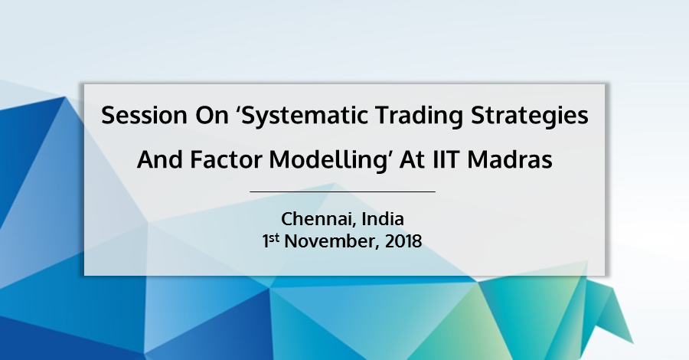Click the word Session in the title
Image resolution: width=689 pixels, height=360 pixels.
point(144,116)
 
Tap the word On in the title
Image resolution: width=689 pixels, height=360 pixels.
point(212,116)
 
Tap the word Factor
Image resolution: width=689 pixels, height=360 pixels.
point(226,159)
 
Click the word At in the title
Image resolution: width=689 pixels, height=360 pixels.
point(412,159)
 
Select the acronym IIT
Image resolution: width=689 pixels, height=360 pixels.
point(446,159)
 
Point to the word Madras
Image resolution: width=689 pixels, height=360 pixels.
point(510,159)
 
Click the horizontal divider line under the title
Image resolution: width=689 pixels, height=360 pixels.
point(343,191)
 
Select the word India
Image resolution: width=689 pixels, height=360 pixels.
point(383,218)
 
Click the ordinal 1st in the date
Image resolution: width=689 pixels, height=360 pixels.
point(271,241)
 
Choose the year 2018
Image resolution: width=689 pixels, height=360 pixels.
point(403,241)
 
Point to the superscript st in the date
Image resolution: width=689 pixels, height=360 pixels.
point(274,237)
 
